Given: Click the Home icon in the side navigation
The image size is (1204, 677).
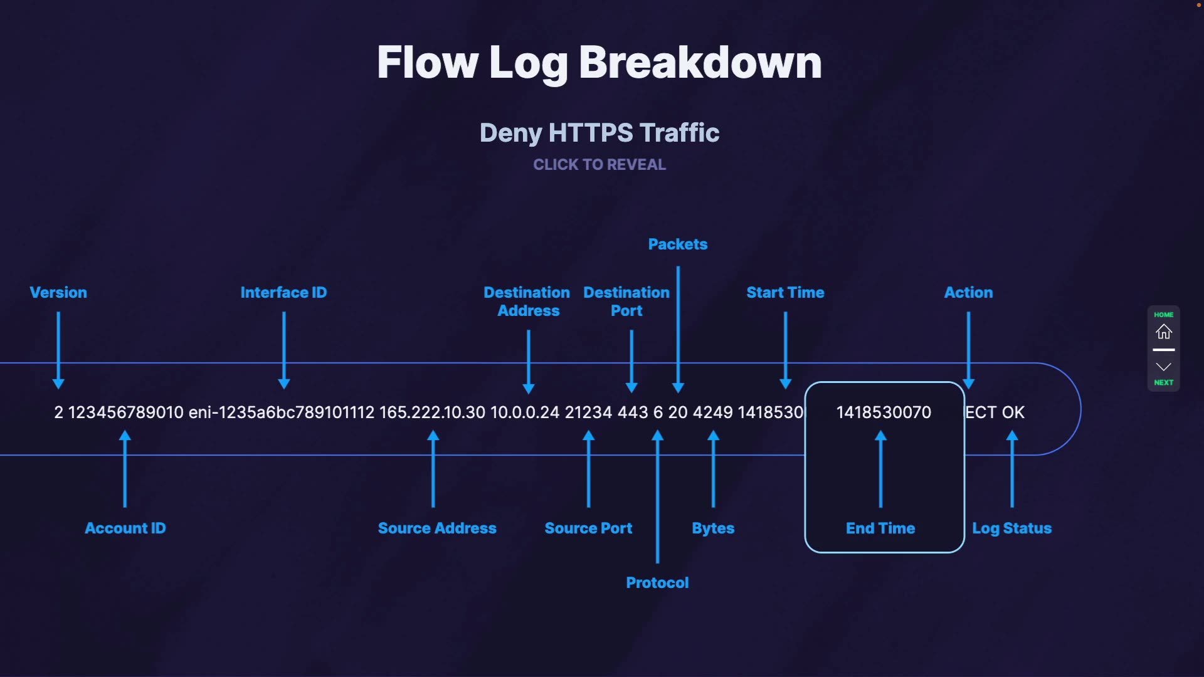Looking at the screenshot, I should pyautogui.click(x=1163, y=331).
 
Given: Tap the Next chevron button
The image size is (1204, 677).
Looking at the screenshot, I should pyautogui.click(x=1163, y=367).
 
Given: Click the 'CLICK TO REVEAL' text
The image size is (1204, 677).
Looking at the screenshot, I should pyautogui.click(x=599, y=164).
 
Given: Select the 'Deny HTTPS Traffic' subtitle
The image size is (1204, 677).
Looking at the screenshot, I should pyautogui.click(x=599, y=133).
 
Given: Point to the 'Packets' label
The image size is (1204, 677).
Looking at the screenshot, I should pyautogui.click(x=677, y=244).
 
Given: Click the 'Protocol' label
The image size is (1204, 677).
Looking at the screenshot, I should pyautogui.click(x=657, y=582).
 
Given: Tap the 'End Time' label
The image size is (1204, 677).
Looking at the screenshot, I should pyautogui.click(x=880, y=528).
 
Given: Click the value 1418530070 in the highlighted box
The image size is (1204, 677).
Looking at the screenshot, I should pyautogui.click(x=883, y=412).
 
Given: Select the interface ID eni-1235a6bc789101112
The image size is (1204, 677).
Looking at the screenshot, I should pyautogui.click(x=281, y=412).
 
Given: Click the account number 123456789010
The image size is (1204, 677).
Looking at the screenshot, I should pyautogui.click(x=125, y=412).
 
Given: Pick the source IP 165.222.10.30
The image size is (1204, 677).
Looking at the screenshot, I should pyautogui.click(x=432, y=412).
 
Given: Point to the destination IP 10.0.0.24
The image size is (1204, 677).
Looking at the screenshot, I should pyautogui.click(x=524, y=412).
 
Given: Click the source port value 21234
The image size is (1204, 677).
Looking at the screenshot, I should pyautogui.click(x=588, y=412).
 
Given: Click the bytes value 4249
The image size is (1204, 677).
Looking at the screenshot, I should pyautogui.click(x=712, y=412).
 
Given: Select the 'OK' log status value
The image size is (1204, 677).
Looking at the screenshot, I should pyautogui.click(x=1013, y=412).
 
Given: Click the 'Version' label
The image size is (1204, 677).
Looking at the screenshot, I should pyautogui.click(x=58, y=292).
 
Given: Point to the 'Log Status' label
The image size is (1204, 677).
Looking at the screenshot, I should pyautogui.click(x=1011, y=528).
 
